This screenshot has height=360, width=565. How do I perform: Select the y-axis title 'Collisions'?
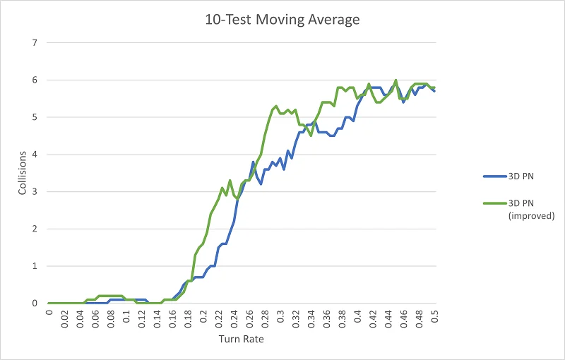click(x=23, y=172)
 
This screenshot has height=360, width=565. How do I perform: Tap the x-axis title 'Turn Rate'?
click(x=242, y=340)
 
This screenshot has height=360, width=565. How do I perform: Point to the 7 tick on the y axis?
click(x=34, y=43)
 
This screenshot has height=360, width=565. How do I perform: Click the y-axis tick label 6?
click(x=34, y=80)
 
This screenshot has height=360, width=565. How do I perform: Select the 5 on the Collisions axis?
click(x=34, y=117)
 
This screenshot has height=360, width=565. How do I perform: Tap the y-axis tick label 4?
click(x=34, y=155)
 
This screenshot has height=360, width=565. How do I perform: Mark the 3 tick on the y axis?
click(x=34, y=192)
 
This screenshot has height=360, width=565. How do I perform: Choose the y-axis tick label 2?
click(x=34, y=229)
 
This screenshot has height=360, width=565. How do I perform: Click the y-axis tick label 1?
click(x=34, y=266)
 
